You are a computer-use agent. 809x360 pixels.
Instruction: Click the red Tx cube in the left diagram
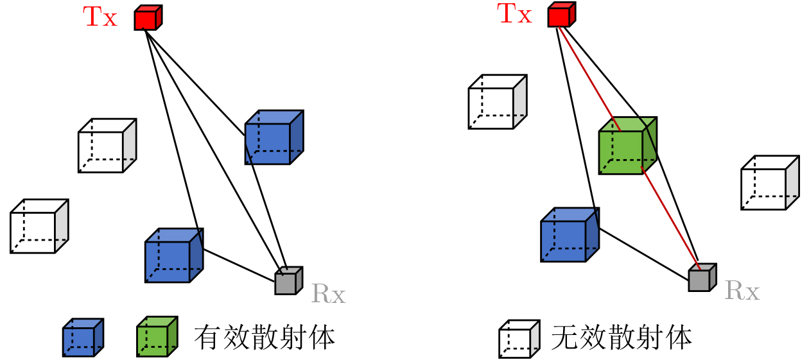(x=148, y=18)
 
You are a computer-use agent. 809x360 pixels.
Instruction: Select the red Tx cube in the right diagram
(x=562, y=15)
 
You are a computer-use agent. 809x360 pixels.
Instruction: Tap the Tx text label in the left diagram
(x=100, y=17)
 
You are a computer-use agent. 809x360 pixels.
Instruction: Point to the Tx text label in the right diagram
(x=514, y=13)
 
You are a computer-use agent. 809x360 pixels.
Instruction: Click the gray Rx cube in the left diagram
(x=288, y=281)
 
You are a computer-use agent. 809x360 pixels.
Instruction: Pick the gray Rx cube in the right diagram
(x=702, y=277)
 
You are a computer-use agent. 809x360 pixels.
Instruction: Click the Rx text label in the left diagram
(x=329, y=293)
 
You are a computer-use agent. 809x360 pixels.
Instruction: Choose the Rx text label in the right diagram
(x=742, y=290)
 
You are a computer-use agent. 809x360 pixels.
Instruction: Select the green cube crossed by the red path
(x=628, y=146)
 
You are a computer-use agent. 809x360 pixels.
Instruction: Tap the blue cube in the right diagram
(x=570, y=235)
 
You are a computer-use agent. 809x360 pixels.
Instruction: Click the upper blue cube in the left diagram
(x=274, y=137)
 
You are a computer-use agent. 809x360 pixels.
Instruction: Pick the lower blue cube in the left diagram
(x=174, y=255)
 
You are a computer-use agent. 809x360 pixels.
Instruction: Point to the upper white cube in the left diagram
(x=107, y=146)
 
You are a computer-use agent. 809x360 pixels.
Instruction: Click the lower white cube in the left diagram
(x=39, y=226)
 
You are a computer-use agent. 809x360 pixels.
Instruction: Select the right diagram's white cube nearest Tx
(x=498, y=102)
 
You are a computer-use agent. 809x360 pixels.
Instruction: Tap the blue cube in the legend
(x=83, y=338)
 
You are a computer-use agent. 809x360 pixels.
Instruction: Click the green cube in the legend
(x=157, y=336)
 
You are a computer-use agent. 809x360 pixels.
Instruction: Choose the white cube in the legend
(x=519, y=339)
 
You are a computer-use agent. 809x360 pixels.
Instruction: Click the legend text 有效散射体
(x=265, y=338)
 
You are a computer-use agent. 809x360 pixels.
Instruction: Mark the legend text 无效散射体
(x=622, y=338)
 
